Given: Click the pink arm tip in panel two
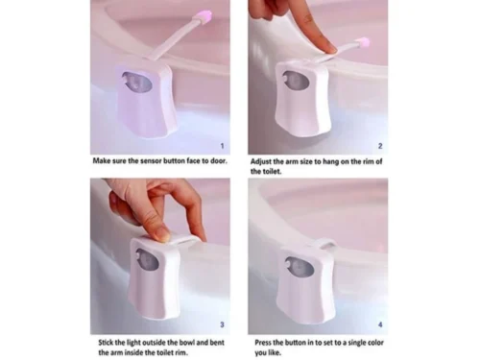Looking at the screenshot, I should pos(362,43).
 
